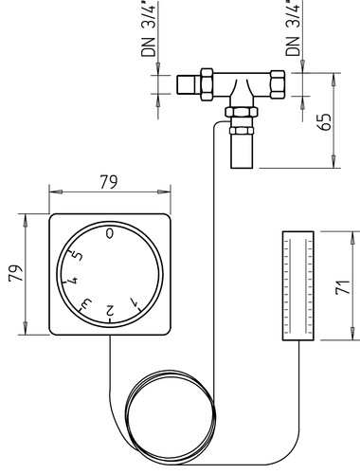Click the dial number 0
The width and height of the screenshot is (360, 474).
click(110, 233)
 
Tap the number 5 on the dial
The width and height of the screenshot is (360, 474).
click(78, 255)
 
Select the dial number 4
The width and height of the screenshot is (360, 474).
click(73, 280)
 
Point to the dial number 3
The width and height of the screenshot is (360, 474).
click(86, 303)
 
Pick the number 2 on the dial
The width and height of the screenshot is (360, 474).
click(110, 310)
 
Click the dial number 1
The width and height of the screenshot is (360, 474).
click(135, 302)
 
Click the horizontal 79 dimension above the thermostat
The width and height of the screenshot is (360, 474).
click(109, 182)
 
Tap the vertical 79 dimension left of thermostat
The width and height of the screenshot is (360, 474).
click(16, 273)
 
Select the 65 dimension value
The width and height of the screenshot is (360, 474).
click(325, 121)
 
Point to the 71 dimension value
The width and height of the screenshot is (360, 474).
click(342, 287)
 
